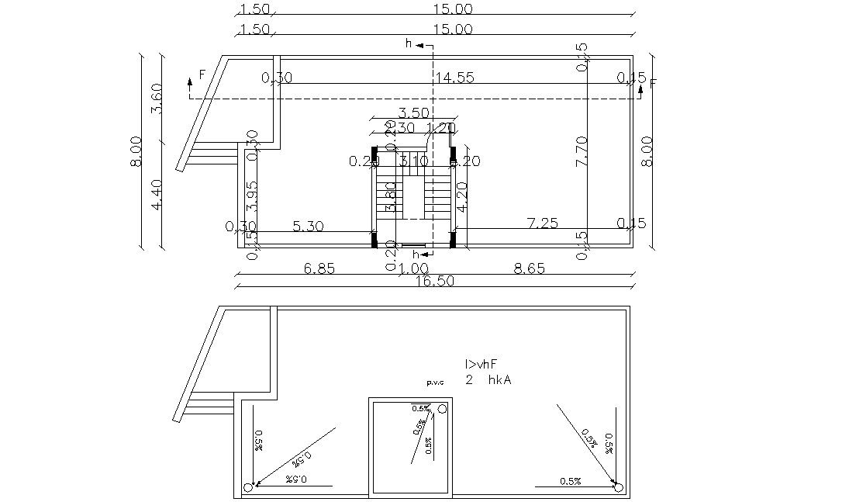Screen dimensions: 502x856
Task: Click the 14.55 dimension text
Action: [x=454, y=78]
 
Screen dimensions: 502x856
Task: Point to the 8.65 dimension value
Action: [x=530, y=268]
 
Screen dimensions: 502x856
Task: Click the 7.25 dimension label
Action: [x=542, y=223]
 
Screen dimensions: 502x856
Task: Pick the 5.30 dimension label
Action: [x=308, y=227]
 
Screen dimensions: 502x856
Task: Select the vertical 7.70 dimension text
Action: [x=582, y=151]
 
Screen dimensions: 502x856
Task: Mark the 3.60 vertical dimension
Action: [x=157, y=98]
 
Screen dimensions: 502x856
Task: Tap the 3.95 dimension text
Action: [x=251, y=197]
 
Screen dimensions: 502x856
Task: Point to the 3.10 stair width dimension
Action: [x=413, y=161]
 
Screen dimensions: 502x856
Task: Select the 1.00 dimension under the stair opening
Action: [x=413, y=268]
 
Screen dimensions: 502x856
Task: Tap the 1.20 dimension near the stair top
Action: [x=440, y=128]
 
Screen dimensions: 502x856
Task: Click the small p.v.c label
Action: [x=436, y=383]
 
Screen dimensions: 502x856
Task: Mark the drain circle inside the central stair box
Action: [x=442, y=409]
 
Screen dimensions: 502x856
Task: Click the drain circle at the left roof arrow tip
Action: [x=248, y=487]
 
